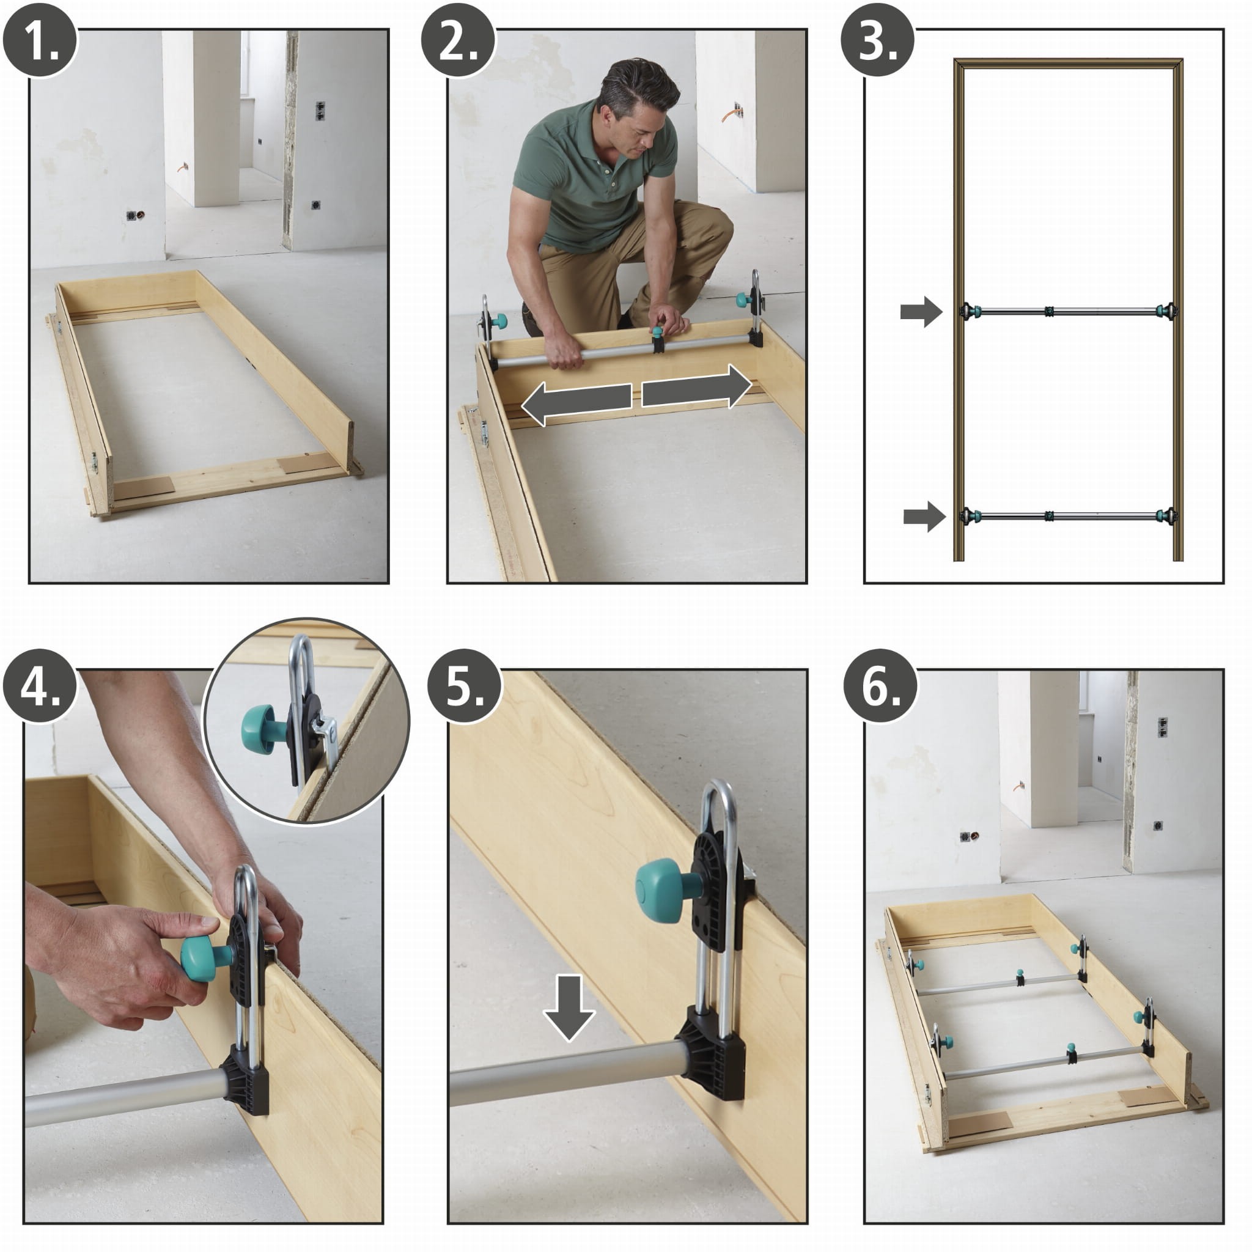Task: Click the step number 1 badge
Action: pos(40,40)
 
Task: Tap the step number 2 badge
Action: pos(458,40)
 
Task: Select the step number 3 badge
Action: pos(877,40)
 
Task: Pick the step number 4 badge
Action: pos(40,686)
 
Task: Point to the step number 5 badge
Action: pos(465,686)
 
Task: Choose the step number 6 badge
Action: pos(881,686)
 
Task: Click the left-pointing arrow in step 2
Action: pos(576,403)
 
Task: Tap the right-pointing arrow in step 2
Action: pos(697,387)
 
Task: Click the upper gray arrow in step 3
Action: pos(921,312)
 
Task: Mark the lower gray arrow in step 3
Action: pos(924,517)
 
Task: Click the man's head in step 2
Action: pos(637,107)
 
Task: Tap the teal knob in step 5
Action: pos(661,890)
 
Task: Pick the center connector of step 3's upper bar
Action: pos(1048,312)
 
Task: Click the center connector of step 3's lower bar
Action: pos(1048,517)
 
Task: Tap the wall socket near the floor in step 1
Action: pos(134,215)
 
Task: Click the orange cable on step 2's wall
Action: pos(730,114)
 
